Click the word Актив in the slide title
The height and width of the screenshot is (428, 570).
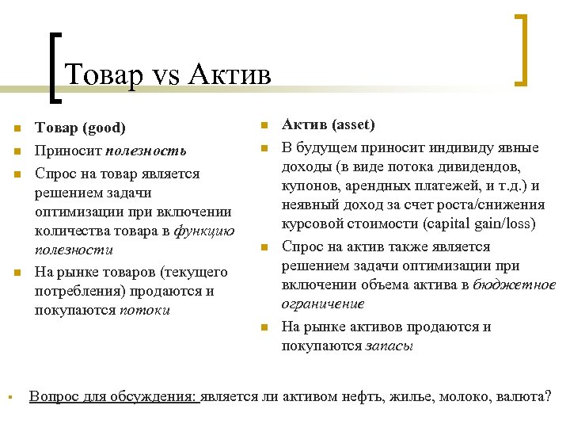(x=230, y=75)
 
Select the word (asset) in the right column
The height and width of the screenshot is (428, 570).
(x=353, y=124)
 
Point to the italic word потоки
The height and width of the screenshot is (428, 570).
(x=145, y=310)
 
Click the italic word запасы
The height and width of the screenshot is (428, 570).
(x=389, y=346)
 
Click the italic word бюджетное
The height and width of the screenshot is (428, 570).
(x=515, y=285)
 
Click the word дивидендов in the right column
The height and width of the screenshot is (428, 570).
(x=482, y=166)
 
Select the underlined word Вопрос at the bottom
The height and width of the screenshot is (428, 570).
(x=53, y=396)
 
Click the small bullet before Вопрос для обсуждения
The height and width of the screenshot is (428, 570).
(x=6, y=396)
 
